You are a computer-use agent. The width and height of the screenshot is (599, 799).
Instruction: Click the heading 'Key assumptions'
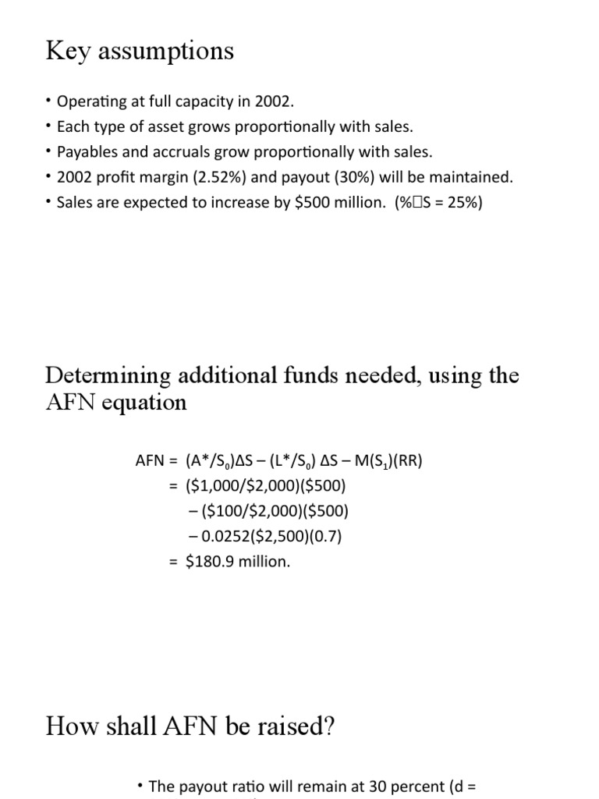(140, 51)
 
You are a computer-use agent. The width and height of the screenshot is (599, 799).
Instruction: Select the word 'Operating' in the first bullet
(90, 102)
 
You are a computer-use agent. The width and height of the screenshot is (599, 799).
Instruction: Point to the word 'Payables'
(87, 152)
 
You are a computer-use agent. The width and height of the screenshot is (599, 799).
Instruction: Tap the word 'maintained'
(470, 177)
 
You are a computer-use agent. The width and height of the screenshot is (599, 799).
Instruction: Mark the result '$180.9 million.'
(238, 561)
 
